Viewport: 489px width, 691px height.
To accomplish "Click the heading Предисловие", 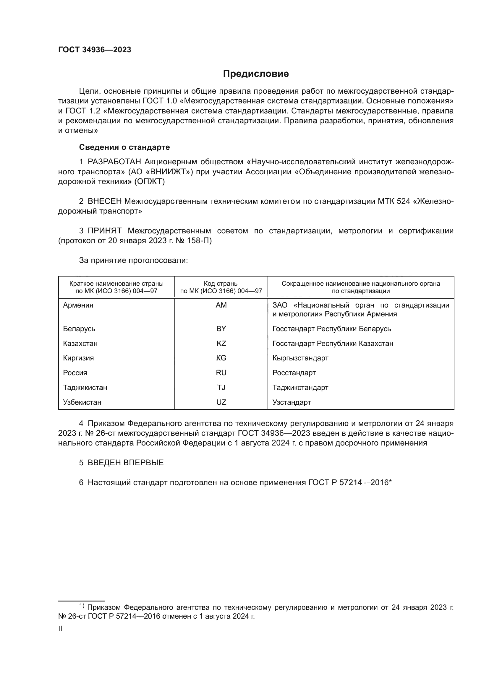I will point(256,74).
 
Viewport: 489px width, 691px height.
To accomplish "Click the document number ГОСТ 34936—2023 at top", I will point(95,50).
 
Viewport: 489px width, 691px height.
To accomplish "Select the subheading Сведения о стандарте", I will point(124,147).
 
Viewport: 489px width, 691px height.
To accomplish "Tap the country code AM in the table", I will point(221,305).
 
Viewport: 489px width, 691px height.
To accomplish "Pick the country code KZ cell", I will point(221,343).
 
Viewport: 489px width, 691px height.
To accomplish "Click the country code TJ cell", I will point(221,387).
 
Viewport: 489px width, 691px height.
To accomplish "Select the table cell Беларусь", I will point(79,329).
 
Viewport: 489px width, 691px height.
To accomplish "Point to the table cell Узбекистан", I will point(82,402).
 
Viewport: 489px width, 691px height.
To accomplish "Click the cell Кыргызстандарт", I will point(300,358).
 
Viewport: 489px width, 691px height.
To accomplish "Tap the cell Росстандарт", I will point(294,373).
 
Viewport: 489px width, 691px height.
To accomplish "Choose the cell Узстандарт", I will point(292,402).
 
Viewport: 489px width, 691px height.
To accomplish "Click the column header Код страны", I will point(221,284).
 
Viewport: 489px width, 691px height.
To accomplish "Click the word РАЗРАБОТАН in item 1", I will point(114,162).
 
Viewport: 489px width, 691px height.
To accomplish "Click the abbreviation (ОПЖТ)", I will point(150,182).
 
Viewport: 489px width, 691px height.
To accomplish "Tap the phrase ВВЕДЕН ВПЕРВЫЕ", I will point(126,463).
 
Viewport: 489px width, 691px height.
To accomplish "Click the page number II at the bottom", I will point(60,629).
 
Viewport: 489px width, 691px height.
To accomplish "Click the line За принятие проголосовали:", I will point(133,260).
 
